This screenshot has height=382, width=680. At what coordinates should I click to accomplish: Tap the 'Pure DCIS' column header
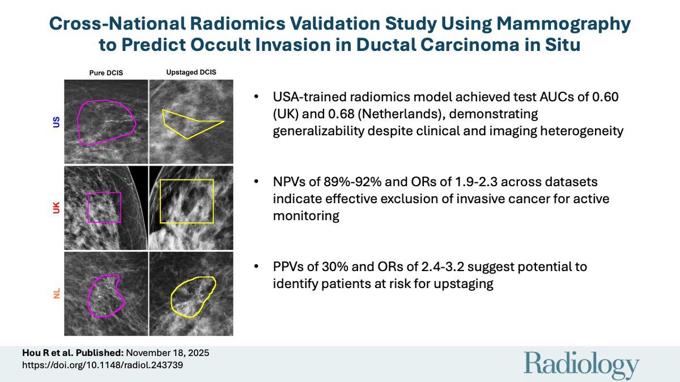click(107, 73)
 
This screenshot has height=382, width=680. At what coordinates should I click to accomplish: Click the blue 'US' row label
click(56, 122)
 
